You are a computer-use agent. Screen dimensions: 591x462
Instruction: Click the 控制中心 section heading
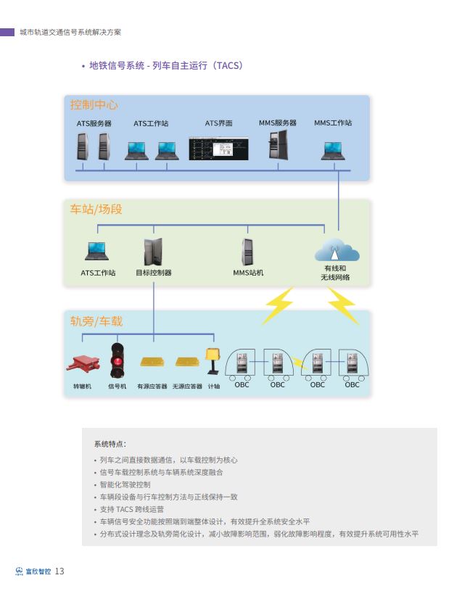[94, 105]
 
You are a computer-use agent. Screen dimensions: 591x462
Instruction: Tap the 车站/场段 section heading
[96, 210]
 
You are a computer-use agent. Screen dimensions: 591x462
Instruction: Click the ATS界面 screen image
[218, 147]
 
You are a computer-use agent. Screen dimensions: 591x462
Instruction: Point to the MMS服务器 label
[278, 123]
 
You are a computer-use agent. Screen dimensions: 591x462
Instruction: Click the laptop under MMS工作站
[333, 151]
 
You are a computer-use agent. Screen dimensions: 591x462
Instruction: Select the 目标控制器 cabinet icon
[153, 252]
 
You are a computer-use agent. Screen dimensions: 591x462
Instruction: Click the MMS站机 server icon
[247, 252]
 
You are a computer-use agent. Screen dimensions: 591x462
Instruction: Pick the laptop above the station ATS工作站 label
[97, 252]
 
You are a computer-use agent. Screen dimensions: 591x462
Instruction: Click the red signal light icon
[116, 360]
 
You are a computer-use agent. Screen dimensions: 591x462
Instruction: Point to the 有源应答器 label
[152, 387]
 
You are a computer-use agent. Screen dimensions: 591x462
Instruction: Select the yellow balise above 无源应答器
[187, 361]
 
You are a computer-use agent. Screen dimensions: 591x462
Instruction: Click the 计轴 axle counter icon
[213, 360]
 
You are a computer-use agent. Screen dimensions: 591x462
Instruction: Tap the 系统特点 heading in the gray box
[110, 444]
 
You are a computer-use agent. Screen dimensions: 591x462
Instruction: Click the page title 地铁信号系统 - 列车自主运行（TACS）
[165, 66]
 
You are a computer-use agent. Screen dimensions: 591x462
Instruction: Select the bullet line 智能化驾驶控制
[125, 484]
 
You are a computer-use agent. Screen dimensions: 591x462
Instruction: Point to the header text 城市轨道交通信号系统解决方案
[70, 32]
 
